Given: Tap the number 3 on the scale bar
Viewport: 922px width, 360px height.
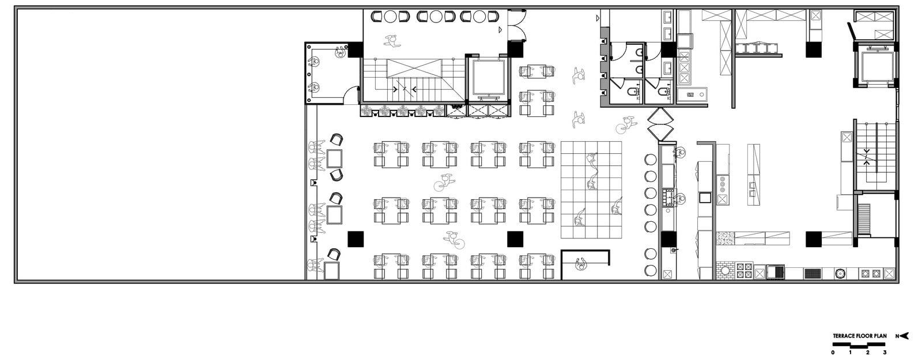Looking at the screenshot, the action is pos(885,353).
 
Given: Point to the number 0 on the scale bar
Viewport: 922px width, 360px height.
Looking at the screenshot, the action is pos(833,353).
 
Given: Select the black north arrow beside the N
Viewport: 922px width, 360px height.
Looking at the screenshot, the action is pos(904,336).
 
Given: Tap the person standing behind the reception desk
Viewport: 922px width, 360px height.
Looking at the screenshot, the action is pos(581,264).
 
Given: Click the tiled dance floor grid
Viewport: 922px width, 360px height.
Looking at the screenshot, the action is pos(591,190).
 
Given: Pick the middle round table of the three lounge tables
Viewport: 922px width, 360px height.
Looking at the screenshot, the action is pos(436,17).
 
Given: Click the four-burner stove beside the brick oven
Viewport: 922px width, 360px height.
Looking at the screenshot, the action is pos(744,271).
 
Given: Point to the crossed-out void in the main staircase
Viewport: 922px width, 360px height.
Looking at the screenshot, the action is pos(414,68).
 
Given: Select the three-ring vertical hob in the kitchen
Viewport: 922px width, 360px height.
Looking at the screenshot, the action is pos(723,184).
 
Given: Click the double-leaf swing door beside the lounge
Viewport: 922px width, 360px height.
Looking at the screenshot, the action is pos(517,25).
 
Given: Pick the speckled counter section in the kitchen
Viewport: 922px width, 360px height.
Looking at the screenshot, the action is pos(725,238).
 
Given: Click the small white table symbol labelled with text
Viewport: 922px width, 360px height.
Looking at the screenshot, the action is pos(692,94).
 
